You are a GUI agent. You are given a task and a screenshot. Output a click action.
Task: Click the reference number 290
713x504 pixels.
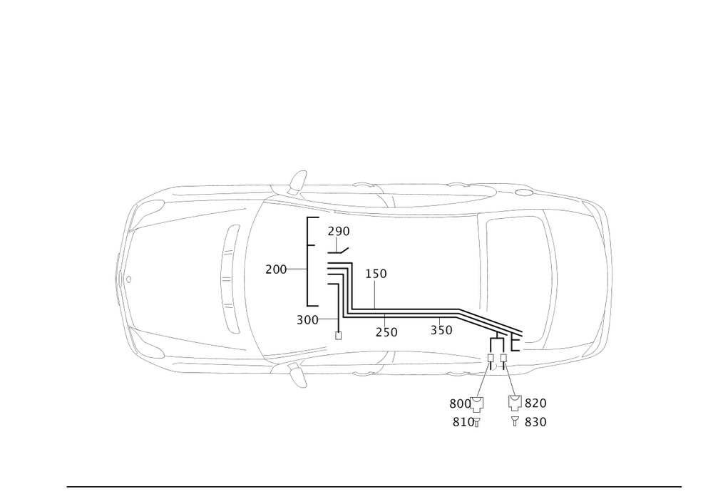pyautogui.click(x=339, y=232)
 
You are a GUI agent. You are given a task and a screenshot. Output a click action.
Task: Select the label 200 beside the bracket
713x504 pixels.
pyautogui.click(x=275, y=269)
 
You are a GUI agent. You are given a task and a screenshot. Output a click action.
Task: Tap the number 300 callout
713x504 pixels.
pyautogui.click(x=307, y=320)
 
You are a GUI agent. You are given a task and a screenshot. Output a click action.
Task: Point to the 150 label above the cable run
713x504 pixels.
pyautogui.click(x=375, y=273)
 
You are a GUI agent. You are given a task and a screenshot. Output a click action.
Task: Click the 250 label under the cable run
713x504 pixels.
pyautogui.click(x=386, y=331)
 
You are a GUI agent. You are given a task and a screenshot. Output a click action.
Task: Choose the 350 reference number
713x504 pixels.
pyautogui.click(x=441, y=330)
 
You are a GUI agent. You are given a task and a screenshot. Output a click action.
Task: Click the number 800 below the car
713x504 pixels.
pyautogui.click(x=459, y=403)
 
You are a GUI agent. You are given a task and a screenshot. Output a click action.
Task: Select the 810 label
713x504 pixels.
pyautogui.click(x=463, y=422)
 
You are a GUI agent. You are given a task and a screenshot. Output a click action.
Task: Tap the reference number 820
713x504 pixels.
pyautogui.click(x=535, y=403)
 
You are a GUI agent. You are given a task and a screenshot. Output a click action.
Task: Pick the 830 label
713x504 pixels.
pyautogui.click(x=535, y=422)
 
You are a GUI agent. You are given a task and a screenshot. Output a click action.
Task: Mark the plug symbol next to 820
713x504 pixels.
pyautogui.click(x=513, y=403)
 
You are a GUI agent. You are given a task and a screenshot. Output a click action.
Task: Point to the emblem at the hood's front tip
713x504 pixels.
pyautogui.click(x=129, y=279)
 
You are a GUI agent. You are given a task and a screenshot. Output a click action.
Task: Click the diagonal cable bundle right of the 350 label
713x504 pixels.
pyautogui.click(x=491, y=324)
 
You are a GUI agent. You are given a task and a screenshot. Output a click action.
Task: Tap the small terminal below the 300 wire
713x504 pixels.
pyautogui.click(x=338, y=334)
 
